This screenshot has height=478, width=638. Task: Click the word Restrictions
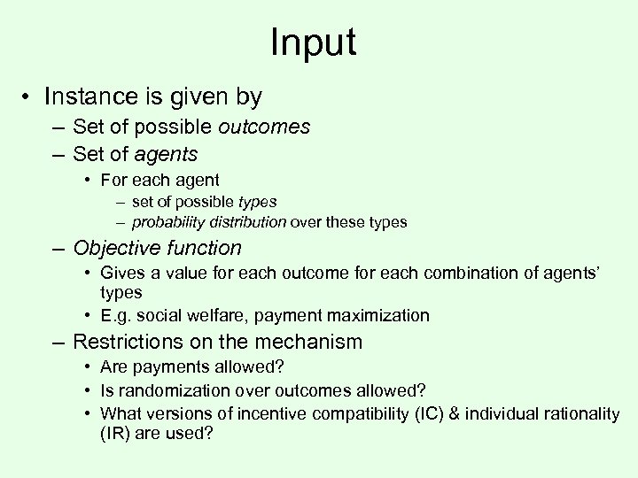point(128,341)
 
